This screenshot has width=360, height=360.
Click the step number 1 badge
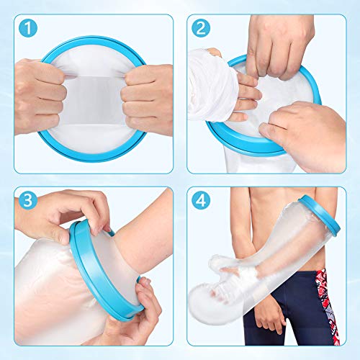tap(28, 28)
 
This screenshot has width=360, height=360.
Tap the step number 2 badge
tap(201, 28)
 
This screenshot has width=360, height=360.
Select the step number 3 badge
tap(28, 200)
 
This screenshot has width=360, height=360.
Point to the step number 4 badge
tap(201, 200)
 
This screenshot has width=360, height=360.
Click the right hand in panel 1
tap(148, 99)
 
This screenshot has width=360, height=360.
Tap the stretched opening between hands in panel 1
tap(94, 99)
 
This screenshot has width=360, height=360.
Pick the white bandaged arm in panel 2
tap(211, 85)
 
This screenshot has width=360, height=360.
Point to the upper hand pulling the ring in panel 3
tap(65, 214)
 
